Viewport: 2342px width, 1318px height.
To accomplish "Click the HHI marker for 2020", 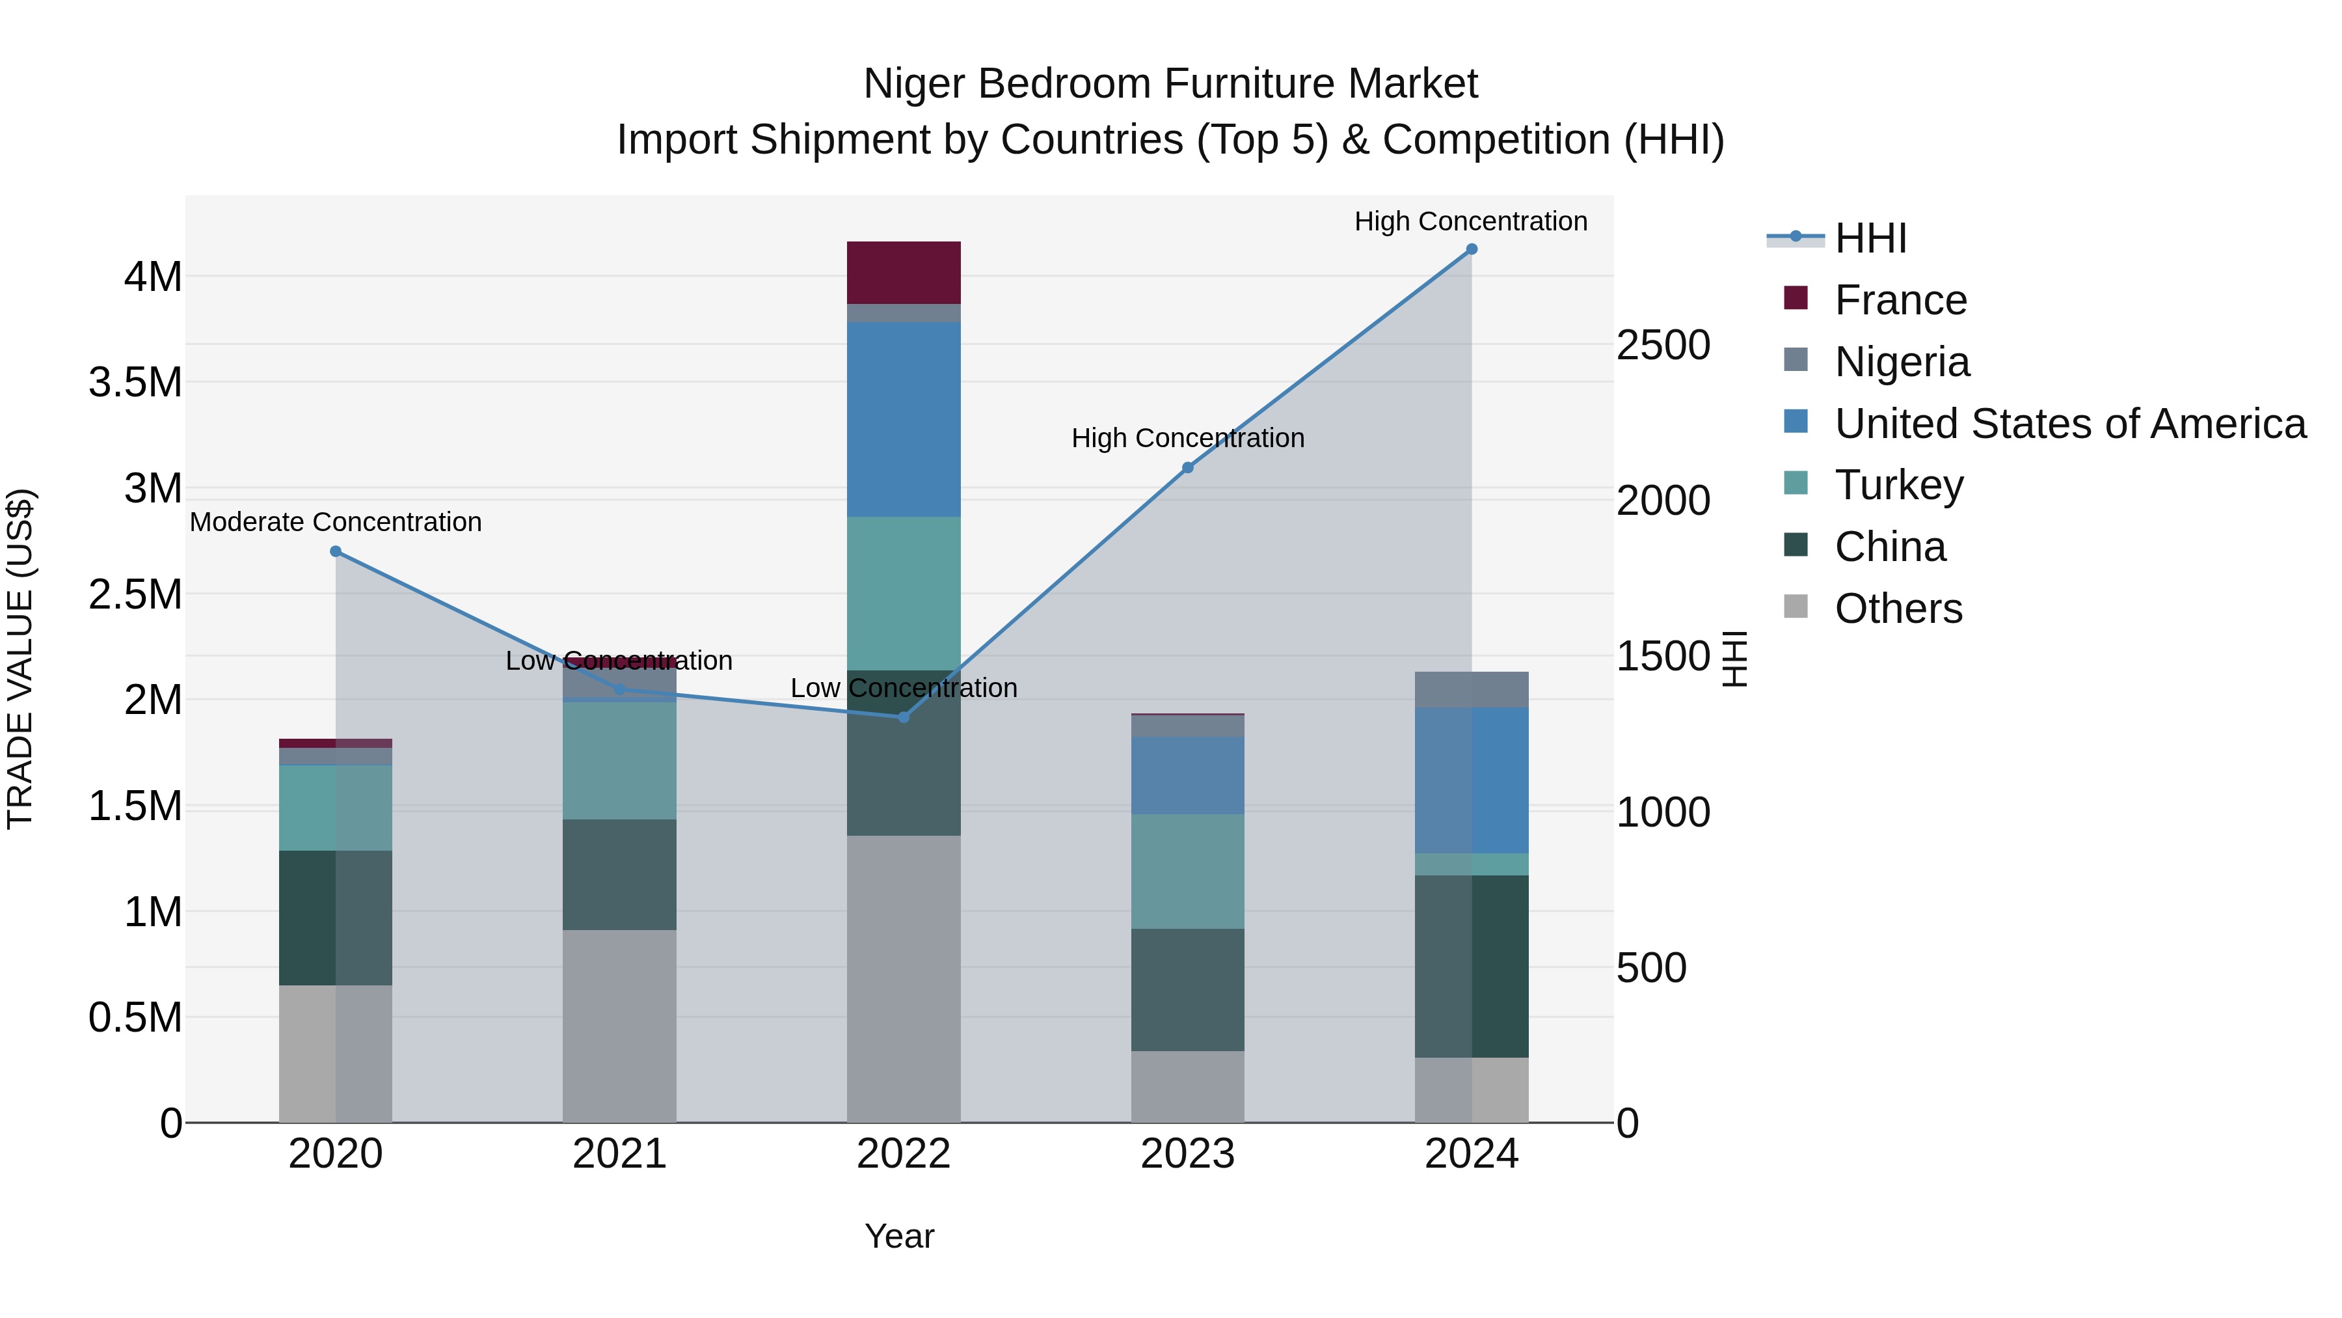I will point(336,551).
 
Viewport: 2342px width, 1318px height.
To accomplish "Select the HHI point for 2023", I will point(1187,467).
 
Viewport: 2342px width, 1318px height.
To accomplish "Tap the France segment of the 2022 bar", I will point(904,273).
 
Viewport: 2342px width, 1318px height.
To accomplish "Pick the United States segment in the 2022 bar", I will point(904,419).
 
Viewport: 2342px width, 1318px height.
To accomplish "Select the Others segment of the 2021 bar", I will point(619,1025).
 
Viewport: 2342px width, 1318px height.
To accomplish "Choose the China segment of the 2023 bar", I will point(1187,989).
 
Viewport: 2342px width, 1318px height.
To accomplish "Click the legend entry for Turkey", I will point(1899,485).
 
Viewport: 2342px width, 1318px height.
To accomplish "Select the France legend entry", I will point(1900,300).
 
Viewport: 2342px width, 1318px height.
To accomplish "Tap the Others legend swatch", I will point(1796,607).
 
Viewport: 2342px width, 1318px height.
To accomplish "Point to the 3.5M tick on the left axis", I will point(135,383).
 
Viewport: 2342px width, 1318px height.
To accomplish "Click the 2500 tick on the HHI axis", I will point(1663,346).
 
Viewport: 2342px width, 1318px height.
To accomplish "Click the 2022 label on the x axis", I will point(904,1154).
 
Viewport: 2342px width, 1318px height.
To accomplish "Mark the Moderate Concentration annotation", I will point(336,522).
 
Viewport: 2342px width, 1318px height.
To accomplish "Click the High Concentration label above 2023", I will point(1187,439).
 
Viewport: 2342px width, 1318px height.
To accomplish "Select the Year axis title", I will point(899,1236).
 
